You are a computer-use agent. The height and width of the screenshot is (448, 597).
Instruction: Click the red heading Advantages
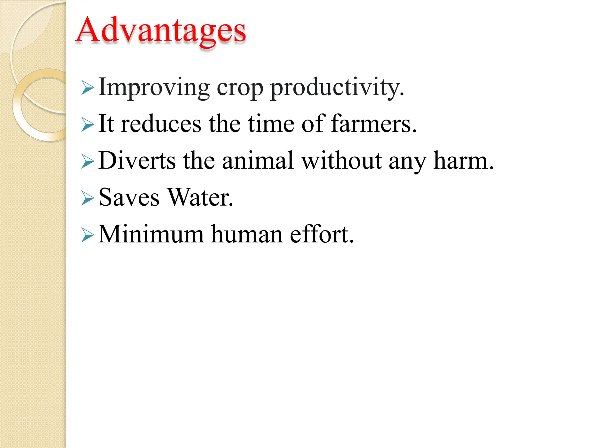[x=161, y=31]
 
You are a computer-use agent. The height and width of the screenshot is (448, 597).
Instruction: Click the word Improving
[x=154, y=87]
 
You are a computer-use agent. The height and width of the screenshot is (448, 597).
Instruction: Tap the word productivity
[x=337, y=87]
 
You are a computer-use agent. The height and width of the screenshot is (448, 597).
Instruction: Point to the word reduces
[x=161, y=124]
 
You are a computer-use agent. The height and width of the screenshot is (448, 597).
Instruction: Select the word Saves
[x=129, y=197]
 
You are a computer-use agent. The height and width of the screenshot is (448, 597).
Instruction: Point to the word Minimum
[x=151, y=234]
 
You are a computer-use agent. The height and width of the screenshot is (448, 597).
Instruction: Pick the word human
[x=247, y=234]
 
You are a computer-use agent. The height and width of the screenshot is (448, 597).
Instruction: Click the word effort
[x=322, y=234]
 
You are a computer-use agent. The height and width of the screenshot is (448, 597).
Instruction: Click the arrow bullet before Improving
[x=88, y=88]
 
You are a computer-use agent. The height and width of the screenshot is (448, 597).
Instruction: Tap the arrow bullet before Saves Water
[x=88, y=198]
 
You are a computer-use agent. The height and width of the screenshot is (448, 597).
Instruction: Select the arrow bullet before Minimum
[x=88, y=235]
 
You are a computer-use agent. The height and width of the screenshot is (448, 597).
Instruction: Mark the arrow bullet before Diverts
[x=88, y=161]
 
